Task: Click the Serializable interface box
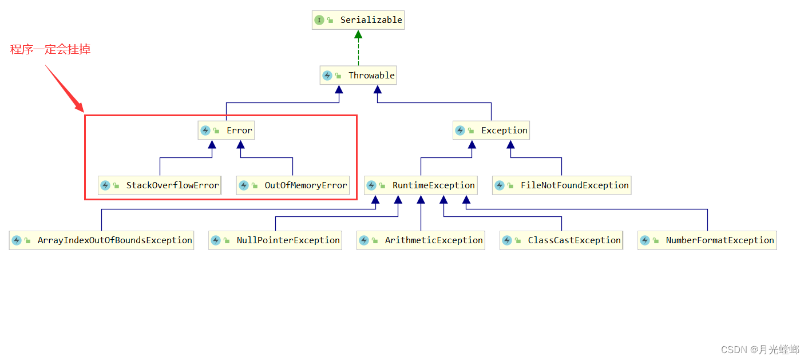click(358, 20)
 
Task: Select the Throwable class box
click(358, 75)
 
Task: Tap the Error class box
click(226, 130)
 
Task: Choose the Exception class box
click(491, 130)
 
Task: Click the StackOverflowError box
click(160, 185)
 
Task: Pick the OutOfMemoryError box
click(292, 185)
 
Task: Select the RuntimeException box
click(421, 185)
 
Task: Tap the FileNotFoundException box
click(561, 185)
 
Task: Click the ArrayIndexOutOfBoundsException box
click(101, 240)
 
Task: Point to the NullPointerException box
click(275, 240)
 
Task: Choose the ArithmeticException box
click(421, 240)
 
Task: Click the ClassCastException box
click(561, 240)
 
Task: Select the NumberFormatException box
click(707, 240)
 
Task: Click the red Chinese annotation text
click(50, 50)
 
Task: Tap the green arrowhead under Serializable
click(358, 34)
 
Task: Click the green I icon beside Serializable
click(319, 20)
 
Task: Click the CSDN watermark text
click(760, 349)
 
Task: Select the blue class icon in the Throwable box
click(327, 76)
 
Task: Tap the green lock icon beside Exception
click(471, 131)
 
